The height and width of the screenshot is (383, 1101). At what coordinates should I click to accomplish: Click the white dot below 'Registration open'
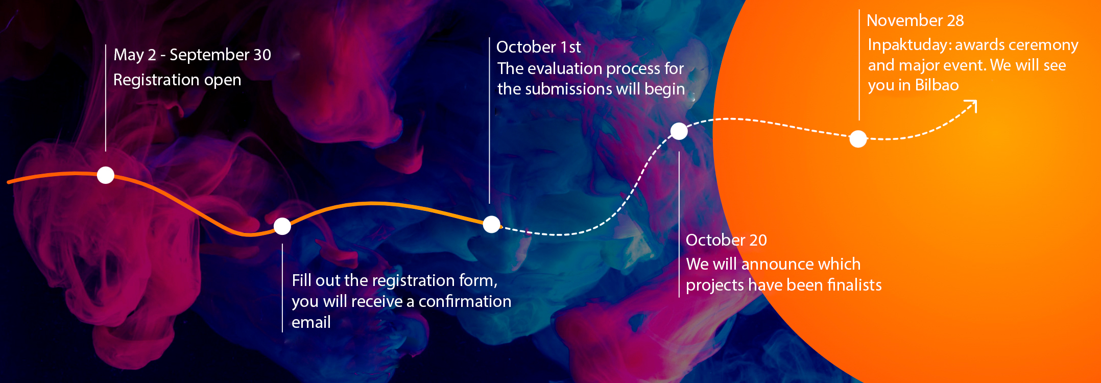coord(106,175)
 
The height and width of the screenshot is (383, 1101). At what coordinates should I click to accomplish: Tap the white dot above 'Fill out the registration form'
coord(282,226)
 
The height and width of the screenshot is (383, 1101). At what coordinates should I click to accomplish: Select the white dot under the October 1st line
coord(491,224)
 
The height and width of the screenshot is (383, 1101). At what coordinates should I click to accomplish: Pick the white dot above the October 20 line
coord(679,131)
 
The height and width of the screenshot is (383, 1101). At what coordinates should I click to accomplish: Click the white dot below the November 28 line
coord(858,138)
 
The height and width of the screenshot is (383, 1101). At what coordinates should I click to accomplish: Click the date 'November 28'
coord(915,20)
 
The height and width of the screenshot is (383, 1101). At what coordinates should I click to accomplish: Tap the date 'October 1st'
coord(539,47)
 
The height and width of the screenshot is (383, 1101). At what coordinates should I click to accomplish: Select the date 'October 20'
coord(726,240)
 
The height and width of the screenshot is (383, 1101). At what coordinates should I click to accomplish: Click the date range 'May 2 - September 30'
coord(192,55)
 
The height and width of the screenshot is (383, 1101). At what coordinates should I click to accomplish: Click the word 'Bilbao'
coord(937,85)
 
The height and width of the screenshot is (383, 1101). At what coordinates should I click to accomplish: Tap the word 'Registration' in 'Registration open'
coord(156,80)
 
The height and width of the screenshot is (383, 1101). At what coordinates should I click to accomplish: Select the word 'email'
coord(311,322)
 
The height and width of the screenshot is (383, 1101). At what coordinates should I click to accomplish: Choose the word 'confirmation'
coord(465,301)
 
